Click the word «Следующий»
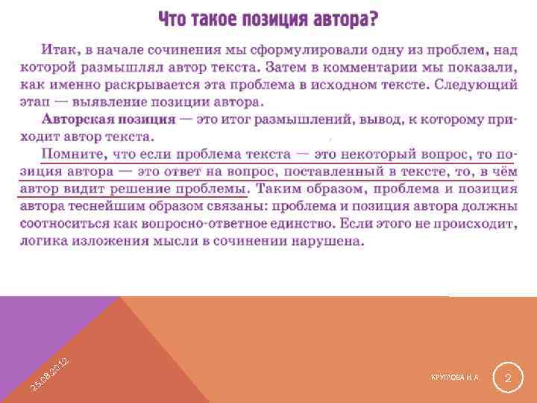[x=475, y=84]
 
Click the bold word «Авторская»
[x=76, y=119]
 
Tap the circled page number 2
[x=507, y=379]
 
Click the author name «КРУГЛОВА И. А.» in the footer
[x=454, y=378]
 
